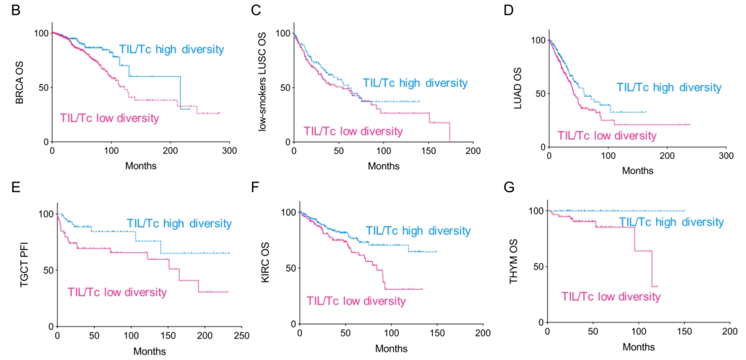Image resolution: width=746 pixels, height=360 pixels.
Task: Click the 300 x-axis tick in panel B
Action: click(x=230, y=151)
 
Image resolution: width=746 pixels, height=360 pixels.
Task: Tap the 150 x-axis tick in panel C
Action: click(x=428, y=151)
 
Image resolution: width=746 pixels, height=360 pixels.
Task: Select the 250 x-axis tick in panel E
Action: click(x=241, y=335)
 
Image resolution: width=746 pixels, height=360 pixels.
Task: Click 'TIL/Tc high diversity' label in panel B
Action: click(x=171, y=49)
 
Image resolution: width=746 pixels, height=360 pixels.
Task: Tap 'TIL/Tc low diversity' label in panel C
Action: click(x=352, y=131)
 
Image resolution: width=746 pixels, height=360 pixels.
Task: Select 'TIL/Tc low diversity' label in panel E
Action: click(x=117, y=292)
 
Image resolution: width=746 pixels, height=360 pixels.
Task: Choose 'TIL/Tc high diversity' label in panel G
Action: click(x=671, y=222)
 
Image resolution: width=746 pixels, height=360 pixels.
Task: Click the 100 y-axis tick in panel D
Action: click(x=535, y=40)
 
